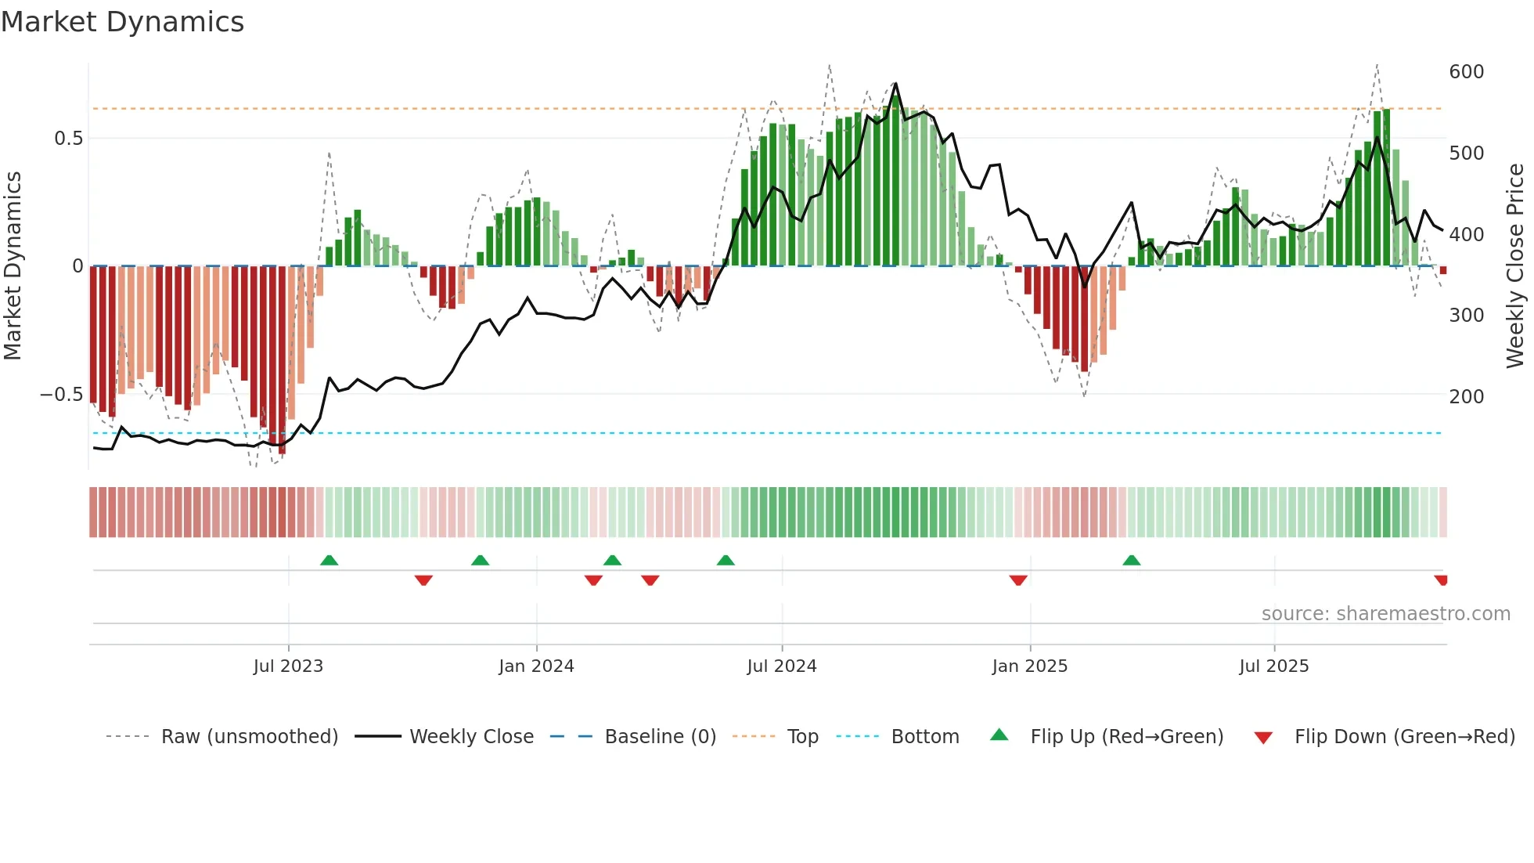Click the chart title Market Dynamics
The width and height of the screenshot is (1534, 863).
[x=122, y=22]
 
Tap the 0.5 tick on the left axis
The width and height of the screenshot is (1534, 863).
[x=68, y=139]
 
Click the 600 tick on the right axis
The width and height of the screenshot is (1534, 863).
[x=1466, y=72]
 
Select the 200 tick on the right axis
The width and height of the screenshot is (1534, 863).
[x=1466, y=396]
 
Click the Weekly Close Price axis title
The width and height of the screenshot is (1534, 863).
[x=1515, y=266]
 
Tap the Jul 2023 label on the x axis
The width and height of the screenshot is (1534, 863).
[x=288, y=666]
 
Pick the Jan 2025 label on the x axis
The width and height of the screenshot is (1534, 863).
[x=1029, y=666]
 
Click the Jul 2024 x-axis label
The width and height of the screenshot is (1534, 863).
[x=781, y=666]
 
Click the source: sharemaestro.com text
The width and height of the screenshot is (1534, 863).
[x=1385, y=614]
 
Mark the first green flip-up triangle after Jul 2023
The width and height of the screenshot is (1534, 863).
[x=329, y=560]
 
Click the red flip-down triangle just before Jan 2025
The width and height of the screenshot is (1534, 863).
[x=1017, y=580]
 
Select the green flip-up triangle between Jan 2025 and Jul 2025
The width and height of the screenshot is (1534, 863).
[x=1131, y=560]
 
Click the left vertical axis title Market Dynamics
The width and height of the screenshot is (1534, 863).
[x=13, y=266]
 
